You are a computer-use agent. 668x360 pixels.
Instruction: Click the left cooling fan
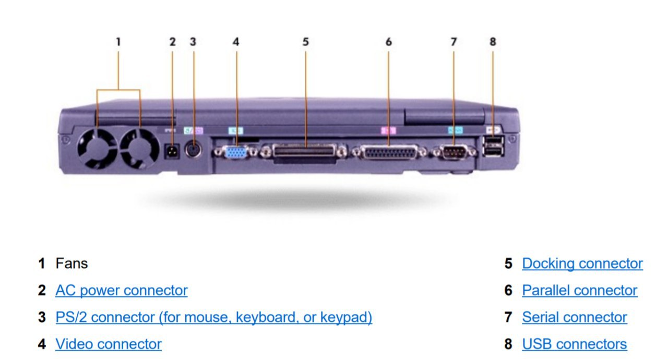[97, 148]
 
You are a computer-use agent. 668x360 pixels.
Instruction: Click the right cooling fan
[140, 148]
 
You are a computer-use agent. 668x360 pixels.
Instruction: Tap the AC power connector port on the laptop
[172, 151]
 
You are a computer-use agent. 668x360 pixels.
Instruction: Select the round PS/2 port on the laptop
[194, 149]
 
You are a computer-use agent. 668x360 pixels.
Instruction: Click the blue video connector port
[236, 152]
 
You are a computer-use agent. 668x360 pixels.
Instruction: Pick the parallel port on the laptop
[389, 152]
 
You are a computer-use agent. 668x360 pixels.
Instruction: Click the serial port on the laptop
[454, 153]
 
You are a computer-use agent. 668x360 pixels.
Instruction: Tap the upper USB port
[493, 141]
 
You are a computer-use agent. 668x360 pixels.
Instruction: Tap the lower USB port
[493, 151]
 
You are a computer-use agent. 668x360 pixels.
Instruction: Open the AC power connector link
[122, 290]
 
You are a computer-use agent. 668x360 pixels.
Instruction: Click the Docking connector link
[582, 263]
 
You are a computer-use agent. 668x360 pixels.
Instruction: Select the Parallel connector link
[579, 290]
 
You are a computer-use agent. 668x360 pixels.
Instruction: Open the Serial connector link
[575, 317]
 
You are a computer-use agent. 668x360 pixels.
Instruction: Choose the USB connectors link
[575, 344]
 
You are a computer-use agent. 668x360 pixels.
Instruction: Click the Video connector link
[109, 344]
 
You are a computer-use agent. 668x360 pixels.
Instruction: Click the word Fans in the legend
[71, 263]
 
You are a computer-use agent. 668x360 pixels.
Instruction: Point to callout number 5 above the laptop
[305, 42]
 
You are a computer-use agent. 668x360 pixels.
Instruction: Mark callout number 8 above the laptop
[493, 42]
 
